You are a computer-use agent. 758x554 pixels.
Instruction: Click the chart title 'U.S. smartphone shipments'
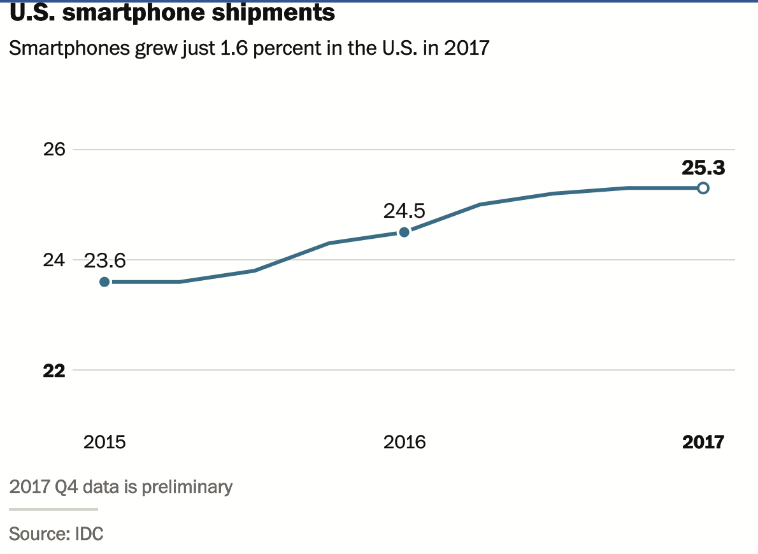172,13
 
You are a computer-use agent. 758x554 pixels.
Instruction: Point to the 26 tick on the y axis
55,150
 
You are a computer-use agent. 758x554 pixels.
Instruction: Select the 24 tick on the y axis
55,260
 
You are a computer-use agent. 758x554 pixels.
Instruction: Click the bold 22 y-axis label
55,371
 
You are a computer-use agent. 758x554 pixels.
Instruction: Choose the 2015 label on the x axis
104,442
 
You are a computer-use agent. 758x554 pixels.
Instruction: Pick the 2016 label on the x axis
404,442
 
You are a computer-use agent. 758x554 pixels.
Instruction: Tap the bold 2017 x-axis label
703,442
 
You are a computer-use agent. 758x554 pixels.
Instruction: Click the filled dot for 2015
104,281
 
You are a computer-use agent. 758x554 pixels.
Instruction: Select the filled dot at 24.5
404,232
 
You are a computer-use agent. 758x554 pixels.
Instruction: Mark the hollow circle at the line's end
703,188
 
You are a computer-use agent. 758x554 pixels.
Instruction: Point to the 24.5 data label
404,211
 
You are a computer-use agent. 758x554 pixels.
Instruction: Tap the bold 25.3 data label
703,167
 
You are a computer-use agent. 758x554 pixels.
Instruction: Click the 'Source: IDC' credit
56,533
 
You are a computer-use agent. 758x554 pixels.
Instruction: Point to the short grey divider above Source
54,509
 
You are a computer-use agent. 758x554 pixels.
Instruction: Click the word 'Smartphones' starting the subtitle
69,48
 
